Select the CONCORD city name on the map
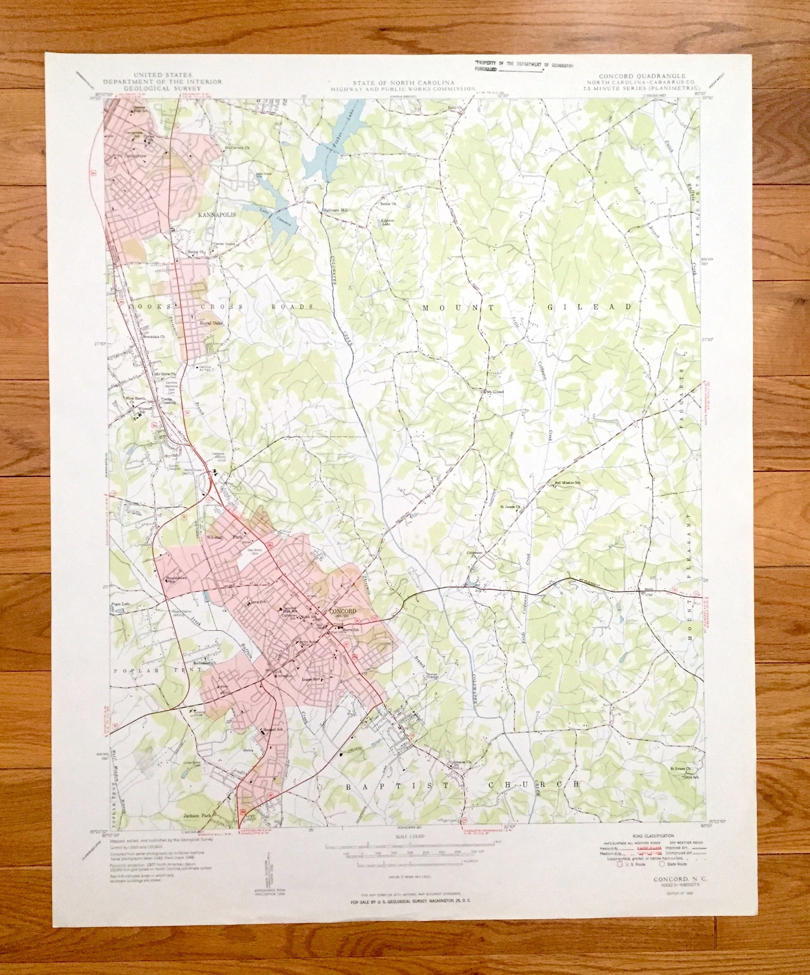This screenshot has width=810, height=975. [342, 611]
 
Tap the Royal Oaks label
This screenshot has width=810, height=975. [211, 323]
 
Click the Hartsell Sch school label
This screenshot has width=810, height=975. [273, 730]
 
